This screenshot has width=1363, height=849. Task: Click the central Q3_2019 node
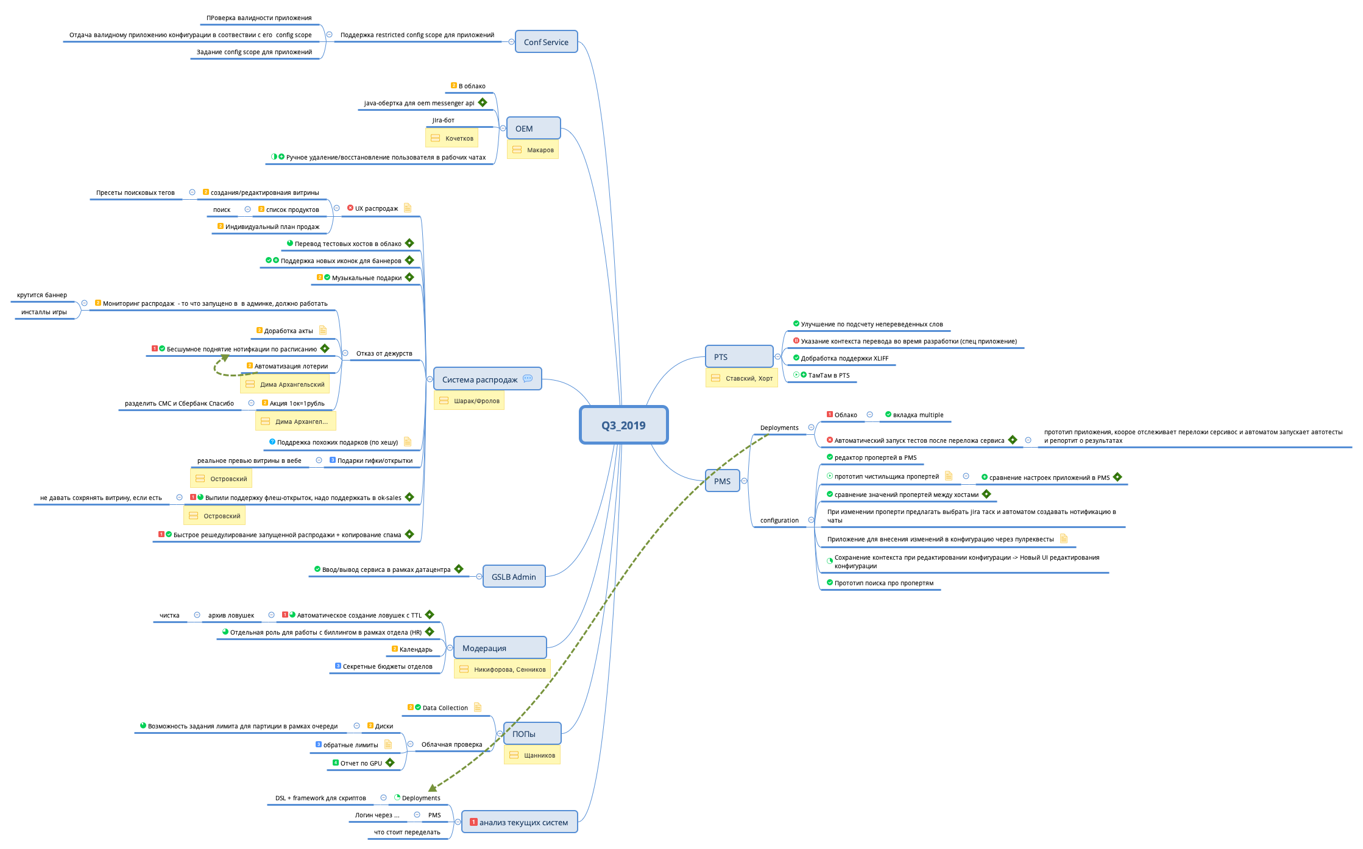point(623,425)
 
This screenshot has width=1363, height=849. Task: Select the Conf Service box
point(546,42)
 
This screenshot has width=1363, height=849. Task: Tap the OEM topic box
point(533,129)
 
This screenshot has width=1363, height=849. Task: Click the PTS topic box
point(738,357)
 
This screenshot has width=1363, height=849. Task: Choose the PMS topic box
point(722,481)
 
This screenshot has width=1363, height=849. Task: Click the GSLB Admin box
point(514,577)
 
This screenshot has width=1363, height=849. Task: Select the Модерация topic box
point(500,648)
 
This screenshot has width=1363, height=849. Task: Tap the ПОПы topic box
point(531,734)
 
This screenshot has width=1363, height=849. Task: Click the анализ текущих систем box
point(519,822)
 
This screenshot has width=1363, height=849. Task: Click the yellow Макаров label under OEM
point(533,150)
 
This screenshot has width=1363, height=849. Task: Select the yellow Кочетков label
point(451,138)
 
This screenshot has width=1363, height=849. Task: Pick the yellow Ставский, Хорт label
point(742,378)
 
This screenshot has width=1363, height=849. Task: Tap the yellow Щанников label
point(532,755)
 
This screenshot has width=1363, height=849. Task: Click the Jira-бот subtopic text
point(443,120)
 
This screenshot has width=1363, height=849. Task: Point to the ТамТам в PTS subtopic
point(828,375)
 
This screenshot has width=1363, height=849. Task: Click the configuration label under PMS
point(779,520)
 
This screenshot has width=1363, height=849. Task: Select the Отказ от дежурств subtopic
point(384,353)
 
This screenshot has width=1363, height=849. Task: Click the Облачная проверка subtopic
point(451,744)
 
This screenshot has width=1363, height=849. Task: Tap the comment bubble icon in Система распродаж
point(528,379)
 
